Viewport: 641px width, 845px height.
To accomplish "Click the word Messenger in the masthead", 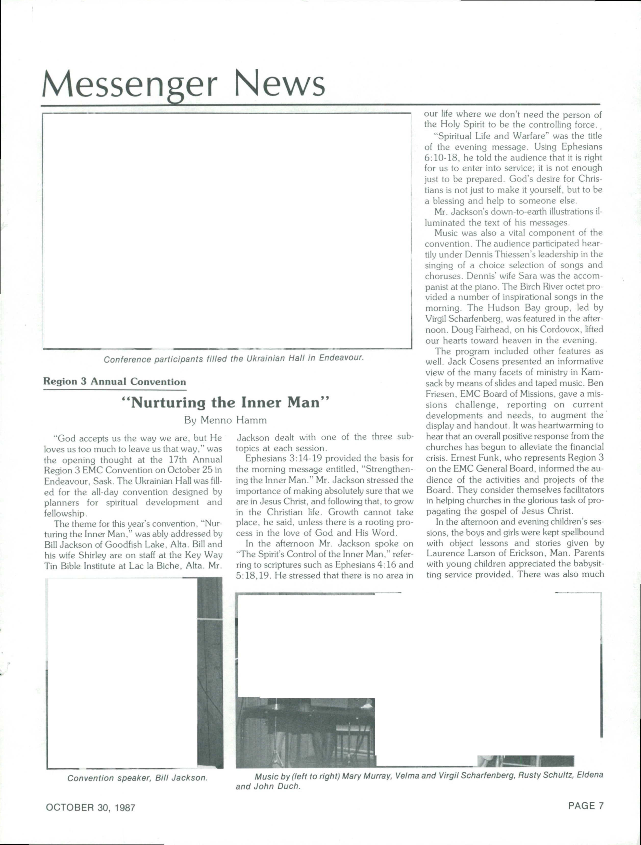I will pos(130,84).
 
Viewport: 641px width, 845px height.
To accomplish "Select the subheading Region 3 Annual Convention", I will pos(115,382).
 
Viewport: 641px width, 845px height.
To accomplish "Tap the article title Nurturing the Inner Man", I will pos(225,403).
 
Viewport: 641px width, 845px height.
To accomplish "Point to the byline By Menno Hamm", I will pos(225,420).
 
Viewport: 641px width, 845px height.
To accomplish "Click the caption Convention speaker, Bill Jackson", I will pos(137,778).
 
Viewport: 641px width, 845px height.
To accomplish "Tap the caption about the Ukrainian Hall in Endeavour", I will pos(233,359).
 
